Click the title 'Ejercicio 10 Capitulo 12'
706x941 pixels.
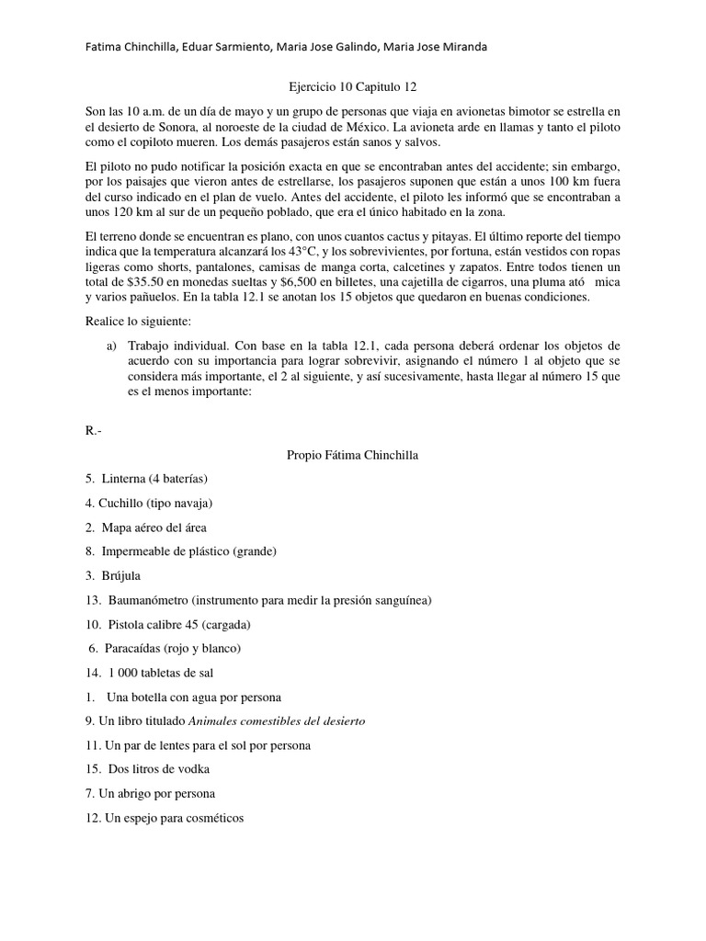pos(353,86)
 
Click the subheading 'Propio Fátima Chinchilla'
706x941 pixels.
pos(353,455)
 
